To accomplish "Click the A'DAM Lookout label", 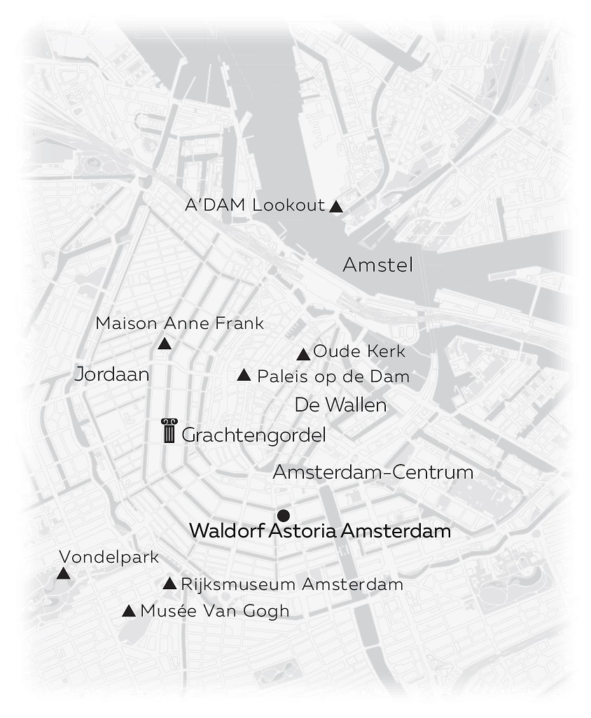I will [x=255, y=206].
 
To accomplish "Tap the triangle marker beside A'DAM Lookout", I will [x=336, y=206].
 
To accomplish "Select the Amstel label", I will [x=377, y=265].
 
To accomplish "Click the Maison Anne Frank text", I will [x=180, y=323].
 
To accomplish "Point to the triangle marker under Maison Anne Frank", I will [x=165, y=344].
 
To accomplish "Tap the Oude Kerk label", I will [x=359, y=351].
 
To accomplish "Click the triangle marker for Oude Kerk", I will [x=303, y=355].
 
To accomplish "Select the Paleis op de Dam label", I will [x=333, y=376].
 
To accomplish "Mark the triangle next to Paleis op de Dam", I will [x=244, y=376].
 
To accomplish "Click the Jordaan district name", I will [x=112, y=374].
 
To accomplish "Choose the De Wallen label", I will [x=340, y=405].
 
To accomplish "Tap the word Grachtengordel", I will [x=253, y=435].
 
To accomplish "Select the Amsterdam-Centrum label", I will [x=373, y=472].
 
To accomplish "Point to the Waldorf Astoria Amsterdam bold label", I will [x=320, y=531].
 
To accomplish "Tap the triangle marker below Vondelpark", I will [x=64, y=574].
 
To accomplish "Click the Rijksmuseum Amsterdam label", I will [x=292, y=584].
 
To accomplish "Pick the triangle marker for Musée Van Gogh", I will [x=129, y=611].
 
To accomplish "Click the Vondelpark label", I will [x=109, y=558].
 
